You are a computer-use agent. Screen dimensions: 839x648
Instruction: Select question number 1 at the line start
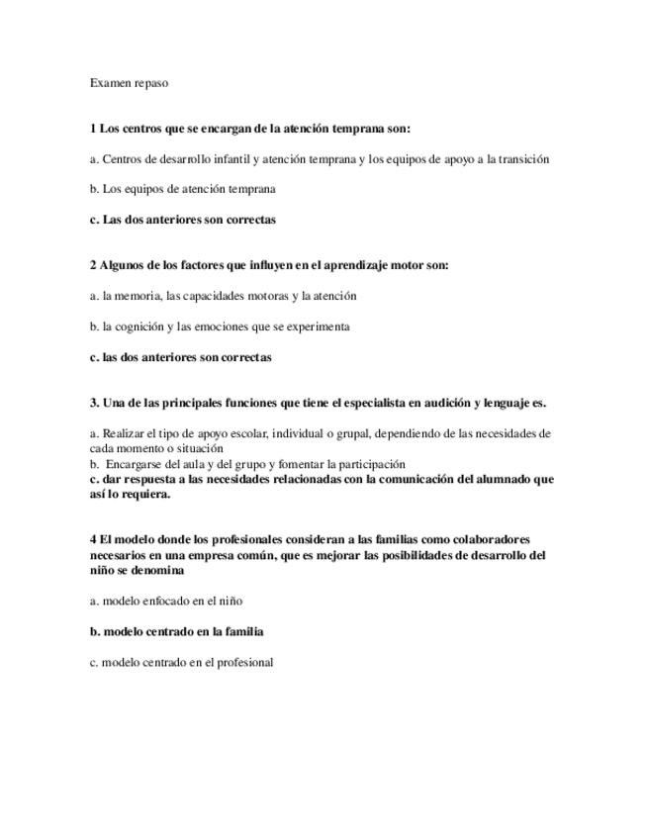[93, 129]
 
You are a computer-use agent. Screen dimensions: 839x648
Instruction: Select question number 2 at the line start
[93, 265]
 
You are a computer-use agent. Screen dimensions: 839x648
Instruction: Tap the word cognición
[138, 326]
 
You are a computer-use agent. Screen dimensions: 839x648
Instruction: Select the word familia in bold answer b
[241, 631]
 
